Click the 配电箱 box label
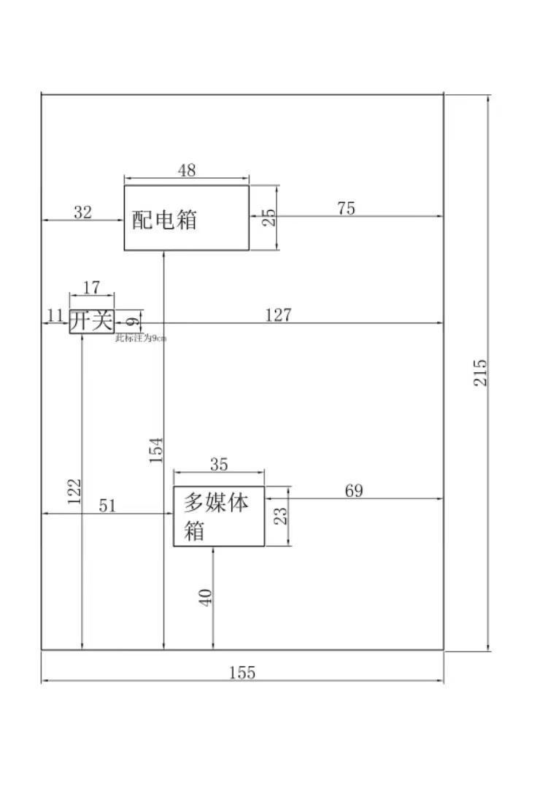point(164,220)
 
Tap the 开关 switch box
point(92,321)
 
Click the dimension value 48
point(187,170)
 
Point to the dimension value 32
point(83,212)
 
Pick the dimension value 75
point(346,208)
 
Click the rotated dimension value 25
point(269,217)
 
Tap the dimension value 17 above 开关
point(92,288)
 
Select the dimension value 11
point(55,315)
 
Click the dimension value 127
point(278,315)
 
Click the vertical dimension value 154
point(155,450)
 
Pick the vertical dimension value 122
point(74,492)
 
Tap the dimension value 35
point(218,464)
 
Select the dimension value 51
point(107,506)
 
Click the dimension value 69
point(353,490)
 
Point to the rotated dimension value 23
point(281,516)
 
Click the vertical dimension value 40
point(206,597)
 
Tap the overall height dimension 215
point(480,372)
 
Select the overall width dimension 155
point(242,673)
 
